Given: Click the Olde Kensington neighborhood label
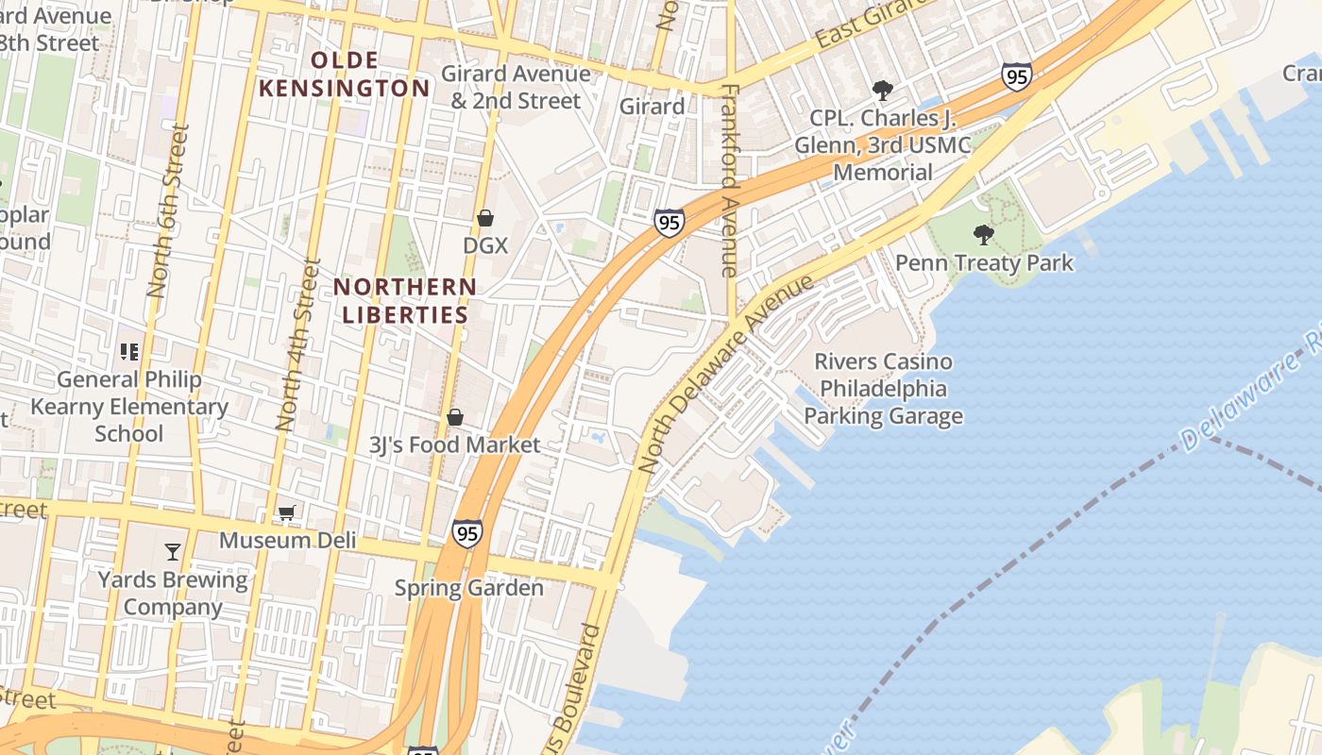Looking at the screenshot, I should tap(345, 75).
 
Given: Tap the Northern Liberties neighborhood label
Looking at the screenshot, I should tap(405, 300).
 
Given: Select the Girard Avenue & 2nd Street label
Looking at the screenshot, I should tap(516, 87).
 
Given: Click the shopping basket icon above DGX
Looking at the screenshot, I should tap(485, 218).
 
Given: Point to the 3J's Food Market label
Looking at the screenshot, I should tap(455, 445).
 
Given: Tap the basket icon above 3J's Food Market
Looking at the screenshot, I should tap(455, 417).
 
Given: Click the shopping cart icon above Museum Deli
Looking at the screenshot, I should tap(287, 512).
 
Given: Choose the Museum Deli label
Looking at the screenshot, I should tap(288, 540).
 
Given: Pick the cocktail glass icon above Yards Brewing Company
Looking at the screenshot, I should tap(173, 551).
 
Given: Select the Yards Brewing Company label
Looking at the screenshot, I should tap(173, 593).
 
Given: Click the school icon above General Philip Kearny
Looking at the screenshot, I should tap(129, 352).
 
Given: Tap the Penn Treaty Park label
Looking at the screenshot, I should tap(984, 262).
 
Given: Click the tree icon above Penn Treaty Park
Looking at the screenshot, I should tap(984, 234).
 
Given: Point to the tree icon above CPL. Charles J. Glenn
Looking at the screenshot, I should tap(883, 91).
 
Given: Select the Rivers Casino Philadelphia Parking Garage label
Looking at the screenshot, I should tap(883, 389).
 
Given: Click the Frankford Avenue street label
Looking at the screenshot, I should tap(729, 179).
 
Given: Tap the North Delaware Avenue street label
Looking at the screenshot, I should tap(725, 374).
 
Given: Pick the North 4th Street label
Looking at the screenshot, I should tap(296, 345).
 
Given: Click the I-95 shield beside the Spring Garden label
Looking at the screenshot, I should tap(466, 533).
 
